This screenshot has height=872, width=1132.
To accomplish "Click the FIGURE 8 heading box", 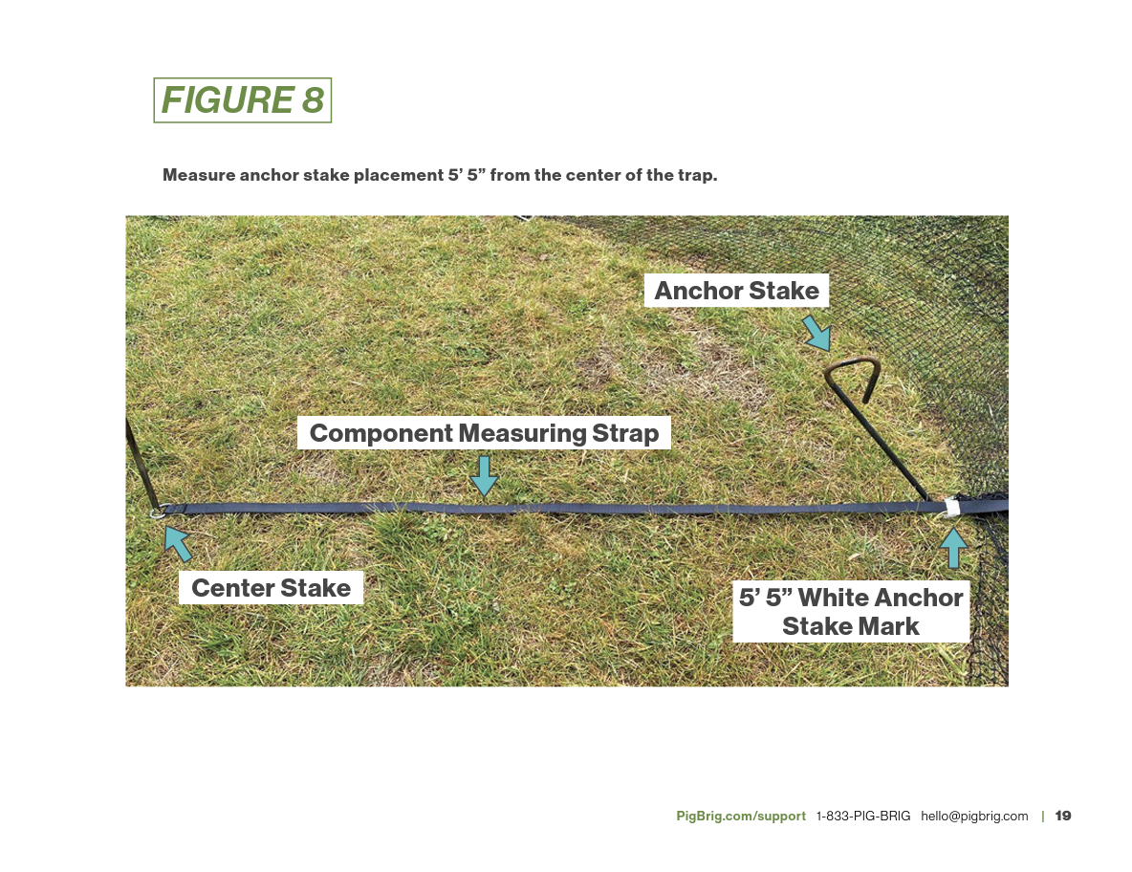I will (242, 100).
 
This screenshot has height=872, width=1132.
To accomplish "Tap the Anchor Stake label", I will (736, 291).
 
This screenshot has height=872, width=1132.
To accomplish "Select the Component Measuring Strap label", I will (484, 433).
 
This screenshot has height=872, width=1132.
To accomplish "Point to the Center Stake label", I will (271, 587).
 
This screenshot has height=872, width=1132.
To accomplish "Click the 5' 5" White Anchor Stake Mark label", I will (851, 612).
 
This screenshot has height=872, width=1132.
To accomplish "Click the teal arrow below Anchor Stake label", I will (816, 334).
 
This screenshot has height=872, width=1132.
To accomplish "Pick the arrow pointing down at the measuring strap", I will (485, 475).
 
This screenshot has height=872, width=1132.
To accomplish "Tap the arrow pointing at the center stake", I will (177, 542).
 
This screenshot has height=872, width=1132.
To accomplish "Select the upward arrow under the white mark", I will (952, 549).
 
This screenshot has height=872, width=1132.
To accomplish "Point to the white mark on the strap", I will (950, 506).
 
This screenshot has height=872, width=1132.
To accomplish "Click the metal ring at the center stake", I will (159, 512).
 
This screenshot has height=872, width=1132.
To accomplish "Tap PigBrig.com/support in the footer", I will (741, 816).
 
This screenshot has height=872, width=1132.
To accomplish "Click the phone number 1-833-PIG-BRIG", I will (863, 816).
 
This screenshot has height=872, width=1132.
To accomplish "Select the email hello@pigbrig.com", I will (974, 816).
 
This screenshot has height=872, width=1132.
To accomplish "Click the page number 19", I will (1063, 816).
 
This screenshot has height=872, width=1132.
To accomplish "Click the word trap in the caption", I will (697, 176).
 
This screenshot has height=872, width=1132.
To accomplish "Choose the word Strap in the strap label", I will (626, 433).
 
